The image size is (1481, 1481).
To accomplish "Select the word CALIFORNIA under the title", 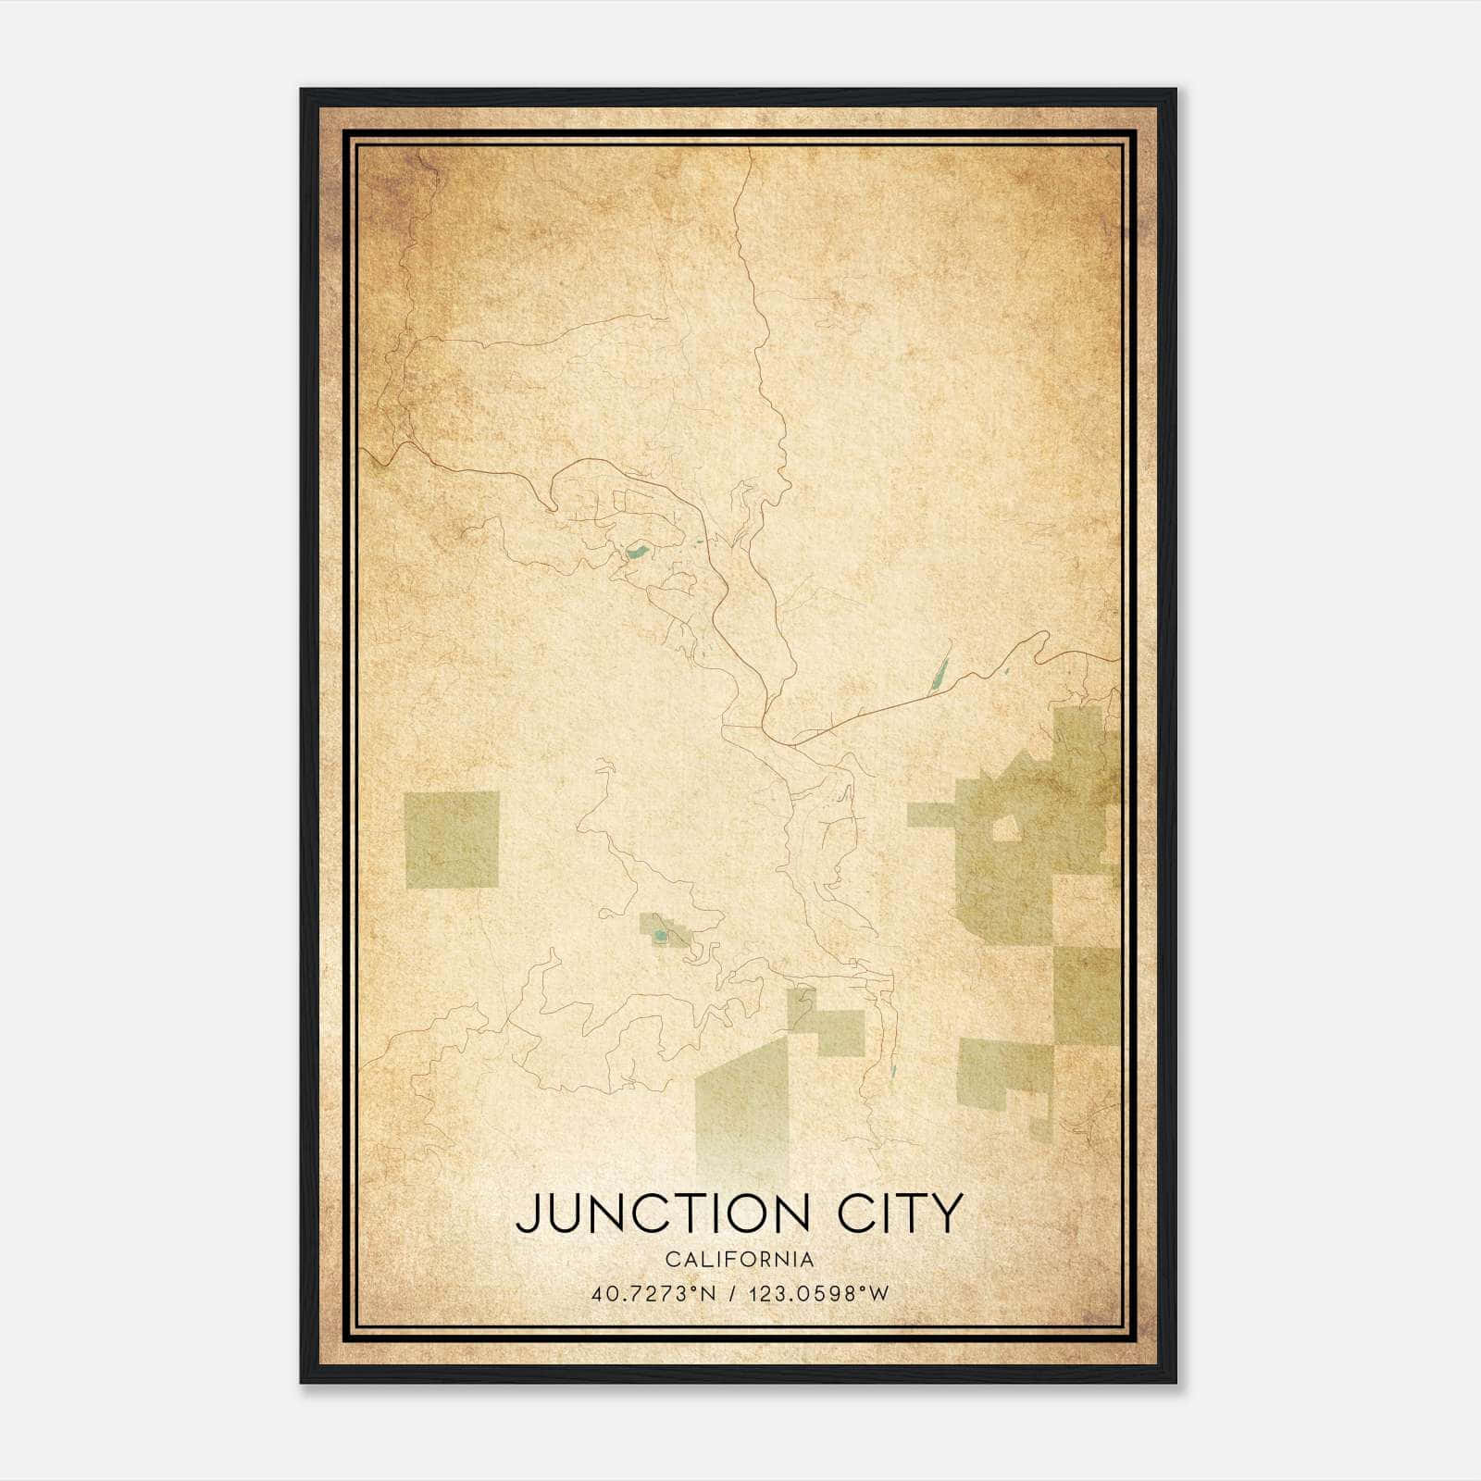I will pyautogui.click(x=740, y=1260).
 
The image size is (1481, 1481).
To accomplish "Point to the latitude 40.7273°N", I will pyautogui.click(x=653, y=1294).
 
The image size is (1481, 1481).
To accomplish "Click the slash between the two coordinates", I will pyautogui.click(x=735, y=1294).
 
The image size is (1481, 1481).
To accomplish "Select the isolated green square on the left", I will pyautogui.click(x=452, y=840).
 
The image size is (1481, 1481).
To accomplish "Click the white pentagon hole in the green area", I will pyautogui.click(x=1005, y=827).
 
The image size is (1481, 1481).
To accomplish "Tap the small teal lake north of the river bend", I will pyautogui.click(x=636, y=554).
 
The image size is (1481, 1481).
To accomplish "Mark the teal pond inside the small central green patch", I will pyautogui.click(x=659, y=937).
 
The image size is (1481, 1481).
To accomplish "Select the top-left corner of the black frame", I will pyautogui.click(x=303, y=91).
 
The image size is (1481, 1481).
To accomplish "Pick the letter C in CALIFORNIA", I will pyautogui.click(x=671, y=1260).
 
